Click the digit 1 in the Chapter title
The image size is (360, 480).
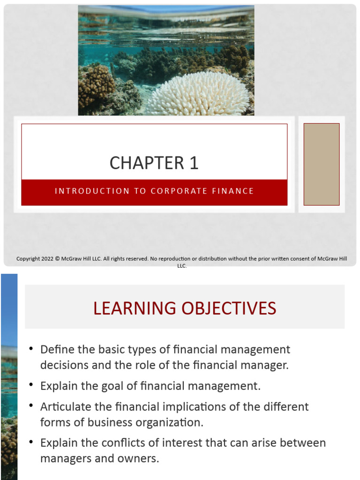pos(194,163)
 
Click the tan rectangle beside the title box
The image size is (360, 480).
pos(322,164)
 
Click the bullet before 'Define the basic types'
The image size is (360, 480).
pos(31,349)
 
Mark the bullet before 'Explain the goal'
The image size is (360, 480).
pos(31,385)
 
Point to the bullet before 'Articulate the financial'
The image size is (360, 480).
pos(31,406)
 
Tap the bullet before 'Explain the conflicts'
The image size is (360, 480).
pos(31,442)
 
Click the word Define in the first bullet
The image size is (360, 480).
pos(56,350)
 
